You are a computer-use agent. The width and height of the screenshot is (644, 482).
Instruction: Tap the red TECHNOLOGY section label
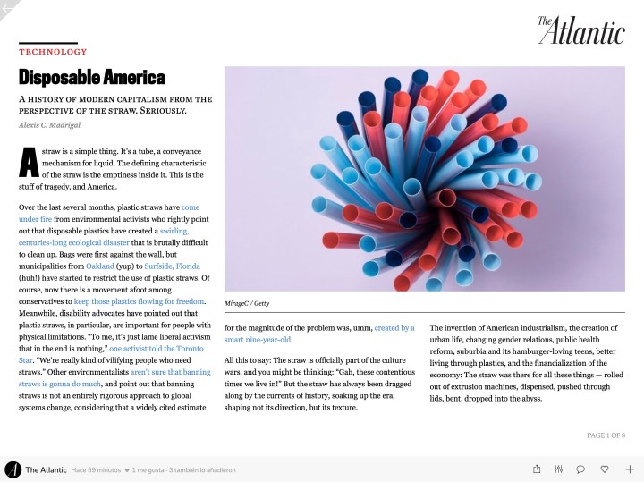click(x=53, y=52)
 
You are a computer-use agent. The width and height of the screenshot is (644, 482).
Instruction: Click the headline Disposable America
click(x=92, y=77)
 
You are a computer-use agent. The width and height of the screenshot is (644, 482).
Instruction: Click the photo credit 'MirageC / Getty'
click(x=247, y=303)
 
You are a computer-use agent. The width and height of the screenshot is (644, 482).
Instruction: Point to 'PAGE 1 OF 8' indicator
click(x=606, y=435)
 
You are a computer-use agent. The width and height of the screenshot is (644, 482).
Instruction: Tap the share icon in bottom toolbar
click(x=537, y=469)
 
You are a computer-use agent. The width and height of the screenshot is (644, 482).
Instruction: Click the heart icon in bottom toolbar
click(x=605, y=469)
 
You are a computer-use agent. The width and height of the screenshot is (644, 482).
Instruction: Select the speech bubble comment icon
click(x=580, y=469)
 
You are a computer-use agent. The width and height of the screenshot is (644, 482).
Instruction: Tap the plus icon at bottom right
click(x=630, y=469)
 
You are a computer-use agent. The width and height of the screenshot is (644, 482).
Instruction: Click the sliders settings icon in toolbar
click(x=559, y=469)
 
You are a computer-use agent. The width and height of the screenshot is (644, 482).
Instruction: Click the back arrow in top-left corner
click(x=9, y=7)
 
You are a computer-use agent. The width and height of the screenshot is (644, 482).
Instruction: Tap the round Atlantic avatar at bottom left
click(x=13, y=469)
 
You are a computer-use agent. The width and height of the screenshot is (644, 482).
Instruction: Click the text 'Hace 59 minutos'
click(x=95, y=469)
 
